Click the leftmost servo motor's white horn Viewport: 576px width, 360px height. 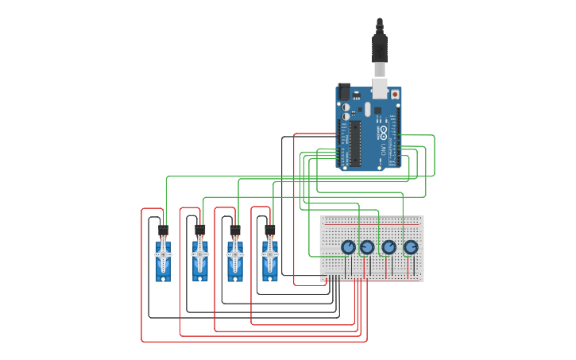coord(163,254)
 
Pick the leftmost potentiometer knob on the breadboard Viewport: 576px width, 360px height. coord(348,248)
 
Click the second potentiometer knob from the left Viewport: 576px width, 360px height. coord(367,248)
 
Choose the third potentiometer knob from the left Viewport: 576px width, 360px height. coord(389,248)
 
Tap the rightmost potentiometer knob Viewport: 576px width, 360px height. coord(410,248)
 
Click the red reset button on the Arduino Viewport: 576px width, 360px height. coord(395,94)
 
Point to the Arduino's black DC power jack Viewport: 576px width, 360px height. coord(344,91)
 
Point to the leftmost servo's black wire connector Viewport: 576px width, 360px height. coord(164,230)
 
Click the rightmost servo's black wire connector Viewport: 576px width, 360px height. coord(270,230)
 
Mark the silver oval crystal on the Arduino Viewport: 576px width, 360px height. coord(368,109)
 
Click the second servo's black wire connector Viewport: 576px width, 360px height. coord(200,230)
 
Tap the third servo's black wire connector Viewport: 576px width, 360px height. coord(235,230)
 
